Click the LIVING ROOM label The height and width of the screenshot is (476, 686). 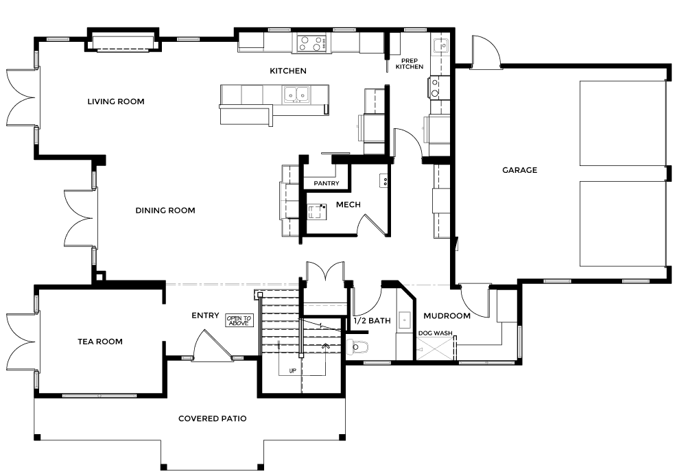[x=116, y=102]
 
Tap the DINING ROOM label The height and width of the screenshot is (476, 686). [x=165, y=211]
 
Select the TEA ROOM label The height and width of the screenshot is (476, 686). [x=100, y=342]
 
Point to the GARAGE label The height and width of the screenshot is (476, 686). [x=520, y=170]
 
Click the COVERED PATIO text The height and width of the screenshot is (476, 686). [x=213, y=418]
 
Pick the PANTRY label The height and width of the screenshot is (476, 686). [x=327, y=183]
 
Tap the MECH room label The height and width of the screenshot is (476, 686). [x=348, y=205]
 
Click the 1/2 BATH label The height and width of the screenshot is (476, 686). [x=372, y=321]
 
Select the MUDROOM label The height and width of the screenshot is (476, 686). [x=447, y=316]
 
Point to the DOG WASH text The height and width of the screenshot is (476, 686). [x=436, y=333]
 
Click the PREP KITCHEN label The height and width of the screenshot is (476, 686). [x=410, y=64]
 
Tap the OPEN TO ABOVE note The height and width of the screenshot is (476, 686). [x=239, y=321]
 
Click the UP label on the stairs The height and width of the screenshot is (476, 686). [x=293, y=371]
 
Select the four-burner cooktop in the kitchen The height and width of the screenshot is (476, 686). [x=312, y=43]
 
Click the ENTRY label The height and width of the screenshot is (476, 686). [x=205, y=316]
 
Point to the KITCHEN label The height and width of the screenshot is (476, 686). [x=288, y=71]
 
